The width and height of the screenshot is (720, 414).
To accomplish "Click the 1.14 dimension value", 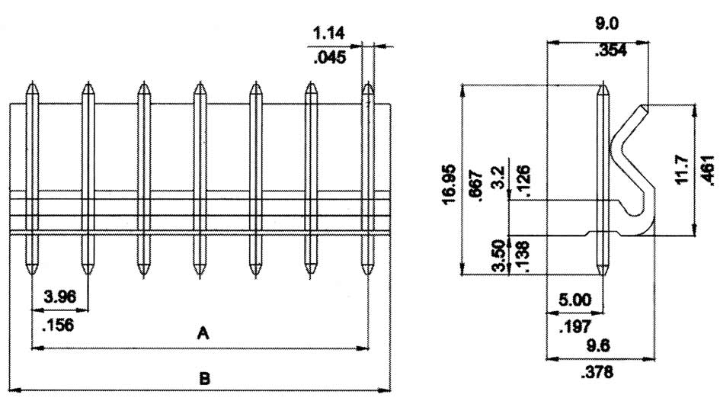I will pos(328,33).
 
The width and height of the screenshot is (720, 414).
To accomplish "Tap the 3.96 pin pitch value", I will pos(59,296).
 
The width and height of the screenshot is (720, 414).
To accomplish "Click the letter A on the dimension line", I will pos(202,333).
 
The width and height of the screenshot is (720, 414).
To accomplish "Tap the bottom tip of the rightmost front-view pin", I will pos(368,274).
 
